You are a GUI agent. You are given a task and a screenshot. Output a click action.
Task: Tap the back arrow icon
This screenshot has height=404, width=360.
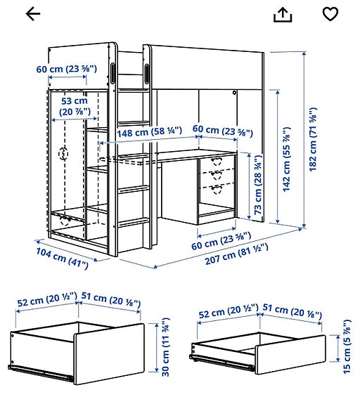point(32,14)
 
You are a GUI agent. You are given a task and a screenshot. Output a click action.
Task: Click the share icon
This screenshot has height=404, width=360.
point(283,14)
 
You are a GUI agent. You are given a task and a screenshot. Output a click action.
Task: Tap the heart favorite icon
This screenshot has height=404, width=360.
point(330,14)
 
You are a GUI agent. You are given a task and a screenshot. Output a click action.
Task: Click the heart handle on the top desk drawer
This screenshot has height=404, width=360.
point(217,161)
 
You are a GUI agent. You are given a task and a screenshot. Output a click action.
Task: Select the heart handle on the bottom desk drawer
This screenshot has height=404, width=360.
point(217,187)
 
